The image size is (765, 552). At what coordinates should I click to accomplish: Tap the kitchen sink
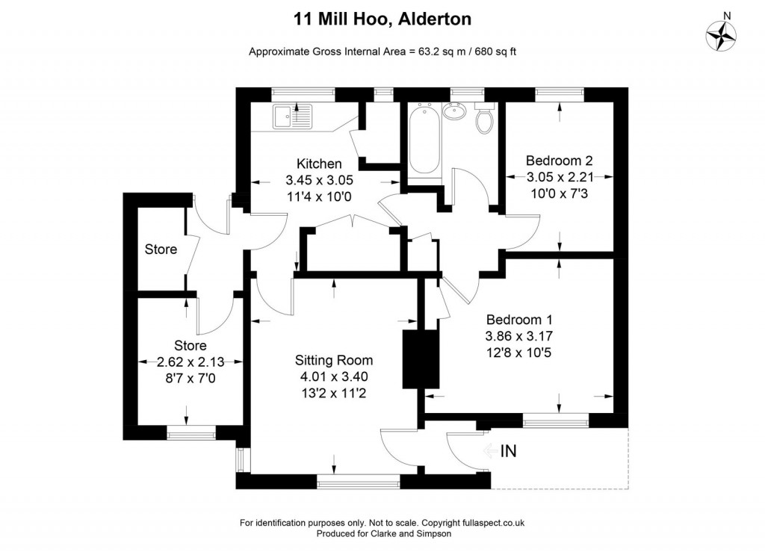coord(292,117)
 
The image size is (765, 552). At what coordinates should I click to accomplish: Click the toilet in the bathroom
coord(485,120)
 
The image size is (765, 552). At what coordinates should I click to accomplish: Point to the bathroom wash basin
coord(453,112)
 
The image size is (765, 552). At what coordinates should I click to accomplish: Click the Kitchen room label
coord(319,164)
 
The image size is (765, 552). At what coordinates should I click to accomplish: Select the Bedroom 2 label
coord(560,161)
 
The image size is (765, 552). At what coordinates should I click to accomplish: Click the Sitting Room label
coord(333,360)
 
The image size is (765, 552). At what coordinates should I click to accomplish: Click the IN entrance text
coord(509,451)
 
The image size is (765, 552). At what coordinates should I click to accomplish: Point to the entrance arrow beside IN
coord(490,451)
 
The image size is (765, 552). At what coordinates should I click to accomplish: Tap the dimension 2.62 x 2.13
coord(190,362)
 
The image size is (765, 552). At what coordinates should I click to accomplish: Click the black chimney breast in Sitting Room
coord(412,359)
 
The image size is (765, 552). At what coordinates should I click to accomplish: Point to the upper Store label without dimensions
coord(161,249)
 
